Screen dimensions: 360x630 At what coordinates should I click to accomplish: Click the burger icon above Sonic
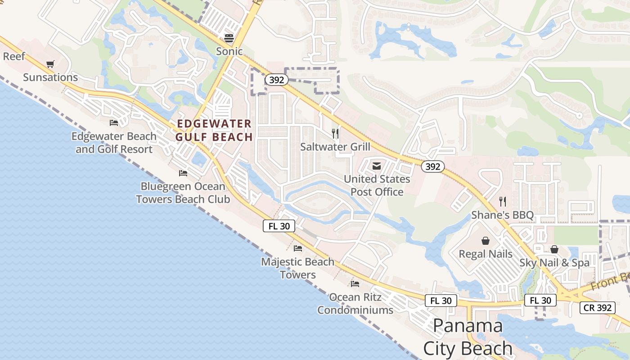(x=229, y=37)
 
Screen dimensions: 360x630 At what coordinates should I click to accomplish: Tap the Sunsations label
(x=50, y=77)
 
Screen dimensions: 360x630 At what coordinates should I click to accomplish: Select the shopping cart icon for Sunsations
(x=50, y=64)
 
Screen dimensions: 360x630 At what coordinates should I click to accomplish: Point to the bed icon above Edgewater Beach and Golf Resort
(x=114, y=122)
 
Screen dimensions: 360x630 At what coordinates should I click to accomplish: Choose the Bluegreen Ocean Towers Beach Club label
(x=183, y=193)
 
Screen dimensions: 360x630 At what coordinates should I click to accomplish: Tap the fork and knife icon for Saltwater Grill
(x=335, y=133)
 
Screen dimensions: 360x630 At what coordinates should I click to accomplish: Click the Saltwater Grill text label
(x=335, y=147)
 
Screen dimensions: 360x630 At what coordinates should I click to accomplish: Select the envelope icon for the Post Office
(x=377, y=166)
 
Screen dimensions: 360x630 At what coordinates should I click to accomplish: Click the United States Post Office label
(x=377, y=185)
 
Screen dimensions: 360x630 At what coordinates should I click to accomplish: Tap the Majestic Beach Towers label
(x=298, y=268)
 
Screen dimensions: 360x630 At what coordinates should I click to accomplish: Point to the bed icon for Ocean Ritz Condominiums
(x=355, y=283)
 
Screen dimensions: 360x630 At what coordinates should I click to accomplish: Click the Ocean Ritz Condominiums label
(x=355, y=303)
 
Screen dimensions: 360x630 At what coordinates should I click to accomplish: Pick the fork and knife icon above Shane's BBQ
(x=503, y=201)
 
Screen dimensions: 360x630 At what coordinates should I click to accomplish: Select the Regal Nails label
(x=486, y=254)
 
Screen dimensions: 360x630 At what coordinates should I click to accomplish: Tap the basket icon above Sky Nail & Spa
(x=554, y=249)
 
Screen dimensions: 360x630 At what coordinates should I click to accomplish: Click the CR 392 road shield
(x=597, y=308)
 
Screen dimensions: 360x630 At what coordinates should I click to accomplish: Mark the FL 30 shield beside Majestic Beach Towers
(x=279, y=226)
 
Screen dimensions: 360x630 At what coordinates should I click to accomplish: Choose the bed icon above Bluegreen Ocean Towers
(x=183, y=173)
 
